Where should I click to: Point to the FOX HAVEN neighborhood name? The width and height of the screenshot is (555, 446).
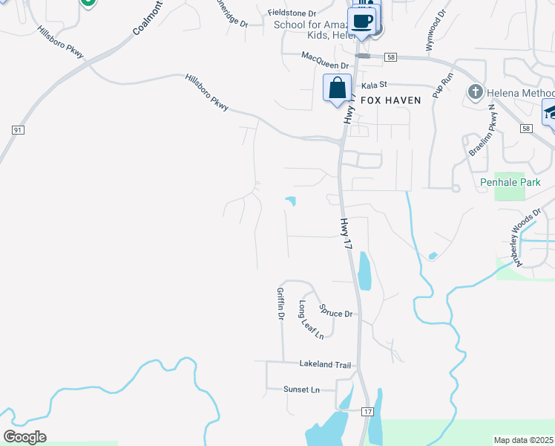click(x=392, y=100)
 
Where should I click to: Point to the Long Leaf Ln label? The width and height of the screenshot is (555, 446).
click(x=312, y=320)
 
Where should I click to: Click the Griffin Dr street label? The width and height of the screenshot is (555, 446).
click(x=280, y=304)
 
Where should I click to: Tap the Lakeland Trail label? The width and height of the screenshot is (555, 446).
click(x=324, y=365)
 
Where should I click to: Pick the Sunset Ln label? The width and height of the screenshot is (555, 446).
click(x=301, y=390)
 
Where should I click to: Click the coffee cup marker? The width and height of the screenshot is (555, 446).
click(x=362, y=20)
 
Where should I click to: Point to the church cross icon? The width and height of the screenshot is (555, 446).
click(x=475, y=91)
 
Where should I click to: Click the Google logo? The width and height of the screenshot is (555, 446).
click(x=24, y=437)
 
